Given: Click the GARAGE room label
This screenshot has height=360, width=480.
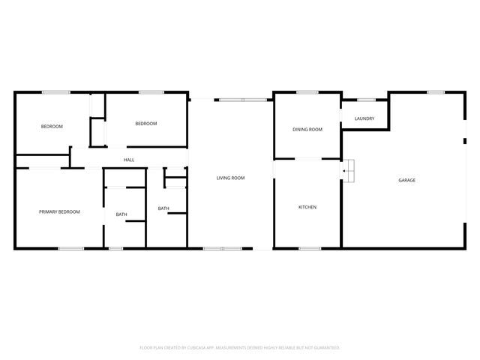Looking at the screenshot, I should (406, 180).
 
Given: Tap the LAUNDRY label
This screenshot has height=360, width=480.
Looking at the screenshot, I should (364, 118).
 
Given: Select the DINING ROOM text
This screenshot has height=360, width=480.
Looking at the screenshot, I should (307, 130).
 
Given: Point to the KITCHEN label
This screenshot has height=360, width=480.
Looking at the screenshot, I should (307, 207).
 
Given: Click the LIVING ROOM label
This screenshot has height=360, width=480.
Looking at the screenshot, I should (230, 178).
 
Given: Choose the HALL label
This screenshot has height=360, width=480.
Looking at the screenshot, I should (129, 160).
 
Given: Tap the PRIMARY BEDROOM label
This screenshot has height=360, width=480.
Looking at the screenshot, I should (59, 211).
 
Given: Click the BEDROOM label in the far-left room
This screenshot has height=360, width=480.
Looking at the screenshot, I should (52, 126).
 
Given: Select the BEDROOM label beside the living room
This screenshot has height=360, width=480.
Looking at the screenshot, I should (145, 124).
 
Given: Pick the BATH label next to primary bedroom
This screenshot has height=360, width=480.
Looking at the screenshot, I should (121, 215).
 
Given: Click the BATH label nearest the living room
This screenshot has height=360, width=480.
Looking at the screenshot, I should (163, 208).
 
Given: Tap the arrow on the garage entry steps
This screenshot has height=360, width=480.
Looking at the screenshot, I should (344, 172).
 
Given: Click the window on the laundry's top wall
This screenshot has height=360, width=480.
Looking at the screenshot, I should (366, 100).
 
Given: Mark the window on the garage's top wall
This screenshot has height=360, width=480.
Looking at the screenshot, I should (436, 92).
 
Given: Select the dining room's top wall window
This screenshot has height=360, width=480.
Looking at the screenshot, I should (307, 92).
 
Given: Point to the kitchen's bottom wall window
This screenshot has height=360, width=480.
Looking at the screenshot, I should (310, 248).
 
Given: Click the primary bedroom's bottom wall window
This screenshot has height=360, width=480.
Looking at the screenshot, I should (71, 248).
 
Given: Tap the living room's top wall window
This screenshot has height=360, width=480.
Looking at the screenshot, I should (242, 100).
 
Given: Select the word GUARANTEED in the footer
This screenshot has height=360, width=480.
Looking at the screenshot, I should (322, 348).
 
